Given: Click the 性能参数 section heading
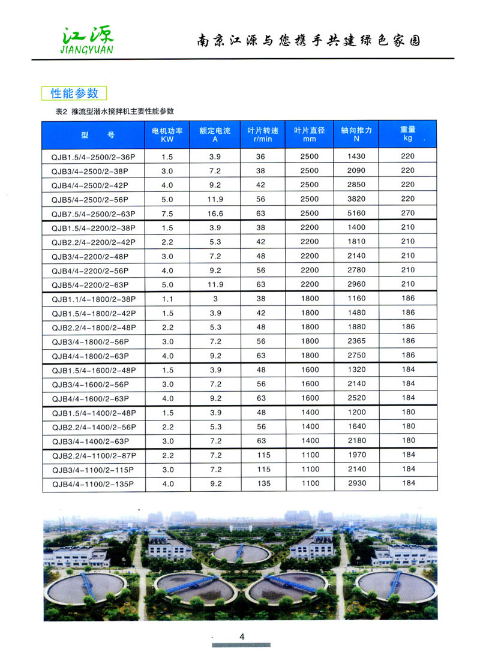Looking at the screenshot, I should coord(74,93).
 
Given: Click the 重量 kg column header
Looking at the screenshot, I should coord(408,134).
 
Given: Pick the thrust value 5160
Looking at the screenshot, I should coord(356,213).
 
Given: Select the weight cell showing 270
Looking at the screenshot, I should coord(408,212).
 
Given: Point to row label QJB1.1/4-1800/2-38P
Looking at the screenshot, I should coord(94,299).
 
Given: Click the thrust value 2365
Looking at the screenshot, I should coord(356,341).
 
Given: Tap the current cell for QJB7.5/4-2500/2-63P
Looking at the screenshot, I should coord(215,213).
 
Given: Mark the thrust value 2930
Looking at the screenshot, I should coord(356,483).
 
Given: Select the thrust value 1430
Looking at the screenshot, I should coord(356,156).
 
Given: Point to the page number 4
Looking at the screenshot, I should coord(242,637).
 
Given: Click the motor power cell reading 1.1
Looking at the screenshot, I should coord(167,298).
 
